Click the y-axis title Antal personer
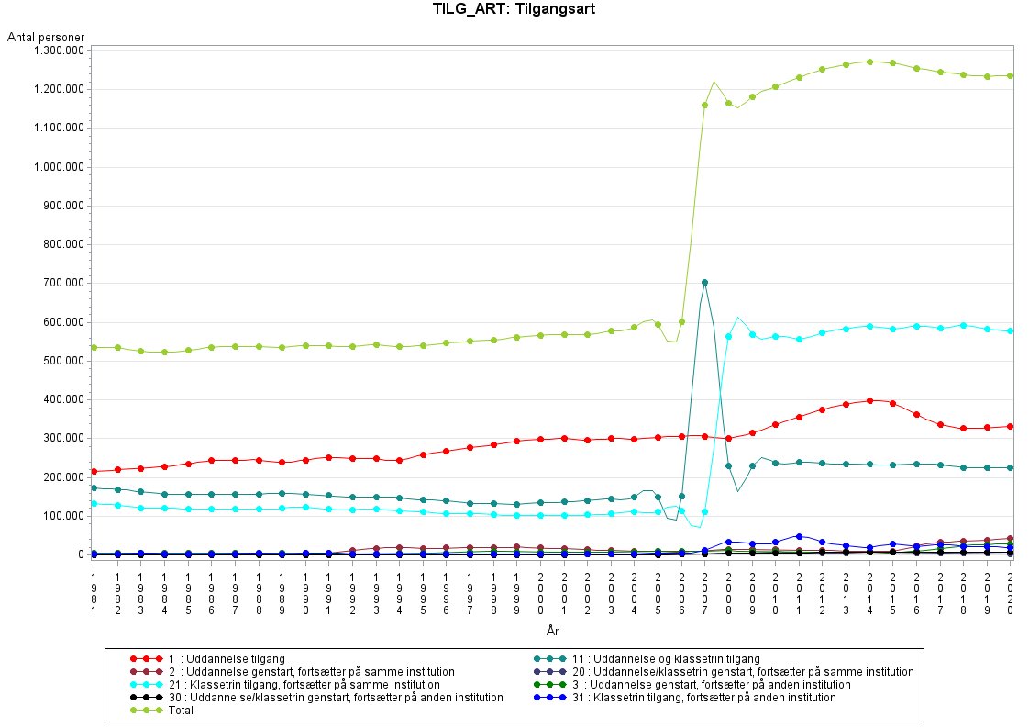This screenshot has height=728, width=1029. pyautogui.click(x=46, y=38)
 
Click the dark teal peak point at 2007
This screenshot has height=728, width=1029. pyautogui.click(x=705, y=283)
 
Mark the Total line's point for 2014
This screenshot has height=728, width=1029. pyautogui.click(x=869, y=62)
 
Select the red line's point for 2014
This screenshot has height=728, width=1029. pyautogui.click(x=869, y=400)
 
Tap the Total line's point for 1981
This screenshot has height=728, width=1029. pyautogui.click(x=94, y=347)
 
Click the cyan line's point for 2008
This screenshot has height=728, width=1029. pyautogui.click(x=728, y=336)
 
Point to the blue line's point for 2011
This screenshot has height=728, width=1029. pyautogui.click(x=799, y=536)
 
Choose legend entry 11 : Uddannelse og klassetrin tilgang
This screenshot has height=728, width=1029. pyautogui.click(x=666, y=659)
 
